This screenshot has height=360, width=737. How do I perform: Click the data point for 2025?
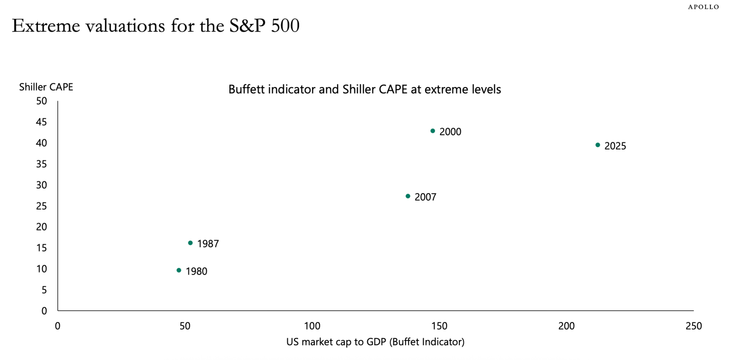(598, 145)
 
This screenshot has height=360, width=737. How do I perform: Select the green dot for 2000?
(433, 131)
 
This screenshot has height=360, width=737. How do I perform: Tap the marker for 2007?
(408, 196)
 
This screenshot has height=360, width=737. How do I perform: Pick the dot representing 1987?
(191, 243)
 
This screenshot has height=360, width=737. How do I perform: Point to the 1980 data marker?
(179, 270)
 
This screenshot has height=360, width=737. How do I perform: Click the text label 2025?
(615, 146)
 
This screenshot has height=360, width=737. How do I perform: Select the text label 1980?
(196, 272)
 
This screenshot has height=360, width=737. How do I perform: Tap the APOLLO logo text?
(703, 7)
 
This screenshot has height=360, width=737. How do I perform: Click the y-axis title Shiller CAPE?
(46, 87)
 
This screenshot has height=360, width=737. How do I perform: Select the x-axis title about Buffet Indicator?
(375, 342)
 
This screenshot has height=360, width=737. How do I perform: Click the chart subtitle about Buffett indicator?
(364, 89)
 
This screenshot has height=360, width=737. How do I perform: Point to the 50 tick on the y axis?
(41, 101)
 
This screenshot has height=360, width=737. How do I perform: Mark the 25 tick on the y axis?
(41, 206)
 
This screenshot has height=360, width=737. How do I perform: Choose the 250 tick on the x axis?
(693, 326)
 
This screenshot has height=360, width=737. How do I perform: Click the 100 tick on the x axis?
(312, 326)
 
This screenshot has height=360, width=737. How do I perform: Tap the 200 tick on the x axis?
(566, 326)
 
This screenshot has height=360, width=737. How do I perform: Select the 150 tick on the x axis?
(439, 326)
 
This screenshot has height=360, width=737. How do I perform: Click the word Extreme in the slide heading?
(43, 26)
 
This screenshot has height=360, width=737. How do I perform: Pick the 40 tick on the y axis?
(41, 143)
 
